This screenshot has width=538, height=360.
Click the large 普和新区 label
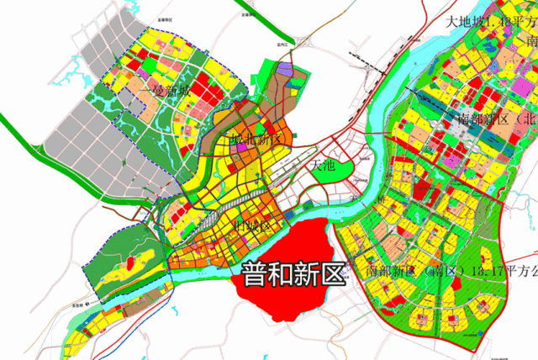(x=293, y=274)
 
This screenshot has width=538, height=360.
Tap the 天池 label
(x=322, y=166)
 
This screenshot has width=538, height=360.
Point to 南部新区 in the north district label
(x=486, y=119)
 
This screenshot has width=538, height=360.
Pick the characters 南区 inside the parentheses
(x=441, y=272)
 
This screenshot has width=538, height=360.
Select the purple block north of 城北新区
(x=286, y=72)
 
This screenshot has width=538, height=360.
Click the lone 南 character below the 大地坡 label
(x=531, y=40)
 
